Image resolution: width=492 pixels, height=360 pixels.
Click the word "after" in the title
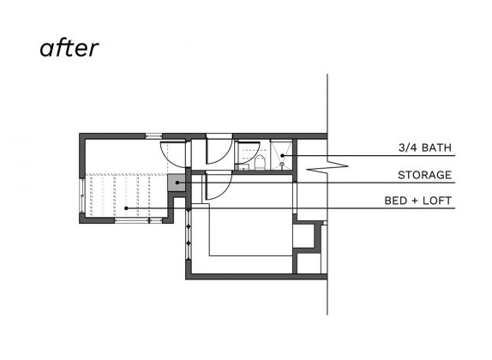point(69,48)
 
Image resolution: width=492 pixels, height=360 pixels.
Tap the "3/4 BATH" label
point(425,147)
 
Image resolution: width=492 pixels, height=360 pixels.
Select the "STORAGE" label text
point(424,175)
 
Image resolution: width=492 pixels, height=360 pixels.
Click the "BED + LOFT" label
point(418,201)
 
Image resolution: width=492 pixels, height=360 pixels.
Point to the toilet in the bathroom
point(260,163)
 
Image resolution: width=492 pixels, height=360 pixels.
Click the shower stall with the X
point(281,155)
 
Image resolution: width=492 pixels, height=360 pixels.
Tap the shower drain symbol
point(282,164)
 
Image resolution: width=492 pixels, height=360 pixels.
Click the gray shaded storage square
point(177,183)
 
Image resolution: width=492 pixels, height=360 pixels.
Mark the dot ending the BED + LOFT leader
point(126,208)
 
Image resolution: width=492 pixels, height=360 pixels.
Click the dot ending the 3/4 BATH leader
point(282,155)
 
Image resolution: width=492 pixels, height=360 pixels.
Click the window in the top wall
point(153,136)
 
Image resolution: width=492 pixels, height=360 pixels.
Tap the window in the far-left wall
point(82,196)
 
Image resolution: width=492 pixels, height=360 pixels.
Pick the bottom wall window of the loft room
point(138,220)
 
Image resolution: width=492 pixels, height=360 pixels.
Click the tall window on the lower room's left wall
point(189,235)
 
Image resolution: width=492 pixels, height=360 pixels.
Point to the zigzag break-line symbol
point(327,165)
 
